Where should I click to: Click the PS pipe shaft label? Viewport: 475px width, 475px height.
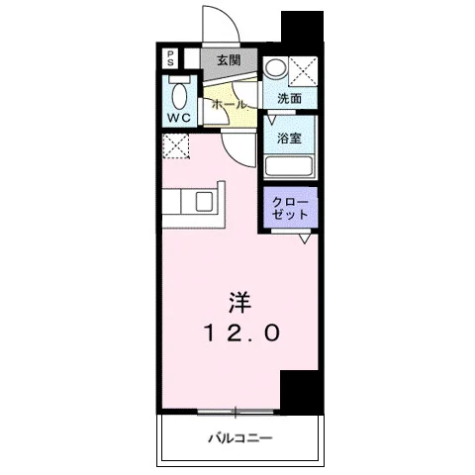pos(170,58)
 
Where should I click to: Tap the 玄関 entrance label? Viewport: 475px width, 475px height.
pos(229,60)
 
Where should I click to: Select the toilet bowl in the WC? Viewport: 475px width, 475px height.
pos(179,96)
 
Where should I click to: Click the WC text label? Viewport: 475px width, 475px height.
pos(179,117)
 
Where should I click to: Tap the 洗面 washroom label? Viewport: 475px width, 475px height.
pos(290,98)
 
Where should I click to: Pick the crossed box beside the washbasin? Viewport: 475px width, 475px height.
pos(303,71)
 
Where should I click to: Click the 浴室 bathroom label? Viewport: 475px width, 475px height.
pos(289,138)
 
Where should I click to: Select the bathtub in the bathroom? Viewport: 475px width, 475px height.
pos(289,167)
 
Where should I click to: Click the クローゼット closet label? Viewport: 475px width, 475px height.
pos(290,209)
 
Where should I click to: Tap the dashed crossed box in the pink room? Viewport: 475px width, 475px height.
pos(176,145)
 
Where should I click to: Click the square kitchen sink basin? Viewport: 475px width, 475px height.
pos(204,202)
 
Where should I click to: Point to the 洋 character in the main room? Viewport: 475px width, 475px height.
pos(239,303)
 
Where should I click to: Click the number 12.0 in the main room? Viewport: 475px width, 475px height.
pos(242,332)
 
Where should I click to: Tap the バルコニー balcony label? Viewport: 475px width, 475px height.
pos(240,438)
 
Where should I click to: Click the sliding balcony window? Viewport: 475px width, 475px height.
pos(236,412)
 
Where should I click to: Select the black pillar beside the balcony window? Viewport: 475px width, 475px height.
pos(301,393)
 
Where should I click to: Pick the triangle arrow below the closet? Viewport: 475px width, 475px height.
pos(305,238)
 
